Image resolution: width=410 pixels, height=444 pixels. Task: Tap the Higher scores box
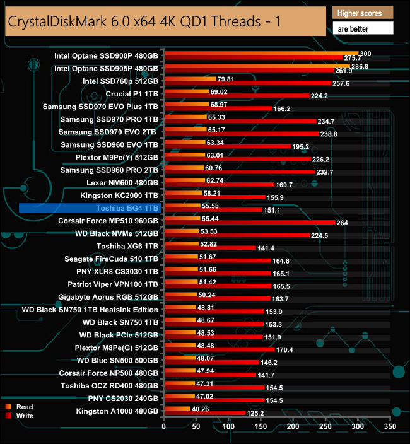[x=362, y=13]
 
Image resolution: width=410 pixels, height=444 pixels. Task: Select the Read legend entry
[x=25, y=407]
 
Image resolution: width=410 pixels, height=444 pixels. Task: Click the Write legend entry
[x=25, y=416]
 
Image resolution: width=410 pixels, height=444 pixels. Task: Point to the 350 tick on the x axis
[x=390, y=427]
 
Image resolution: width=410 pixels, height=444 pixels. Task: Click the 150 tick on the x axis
[x=261, y=427]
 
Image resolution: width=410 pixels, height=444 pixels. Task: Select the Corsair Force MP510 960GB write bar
[x=249, y=222]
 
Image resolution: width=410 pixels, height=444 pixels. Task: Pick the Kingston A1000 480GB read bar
[x=177, y=408]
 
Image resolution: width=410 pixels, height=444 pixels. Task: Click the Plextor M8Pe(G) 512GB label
[x=115, y=348]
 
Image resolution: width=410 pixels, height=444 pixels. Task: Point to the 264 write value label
[x=343, y=223]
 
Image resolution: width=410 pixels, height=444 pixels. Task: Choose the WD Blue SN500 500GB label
[x=118, y=360]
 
